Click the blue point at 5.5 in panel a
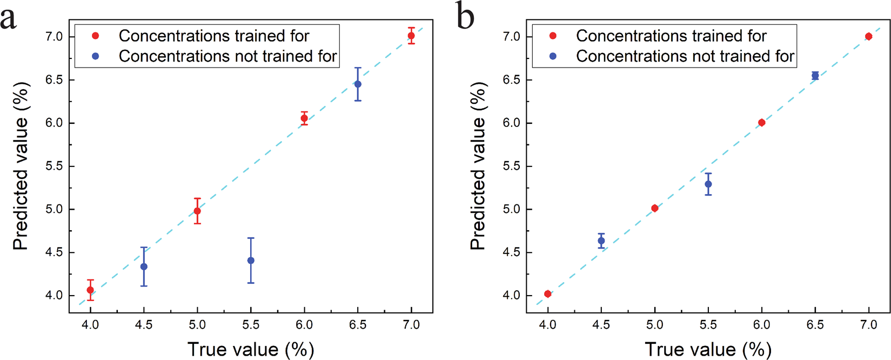(x=251, y=261)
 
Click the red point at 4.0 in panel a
(x=90, y=290)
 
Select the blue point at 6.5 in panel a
(x=358, y=84)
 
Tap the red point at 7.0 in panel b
(x=869, y=37)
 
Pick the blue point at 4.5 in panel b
(x=601, y=241)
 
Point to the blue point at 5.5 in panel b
(x=708, y=184)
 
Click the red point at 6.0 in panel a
(x=304, y=118)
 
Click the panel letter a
(x=9, y=18)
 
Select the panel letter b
(x=465, y=16)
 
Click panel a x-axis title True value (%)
(x=251, y=349)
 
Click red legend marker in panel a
(x=96, y=36)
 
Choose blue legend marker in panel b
(x=553, y=56)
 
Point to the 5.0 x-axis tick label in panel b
(x=655, y=324)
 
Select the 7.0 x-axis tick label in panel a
(x=411, y=324)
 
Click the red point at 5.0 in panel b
(x=655, y=208)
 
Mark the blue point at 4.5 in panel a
(x=144, y=266)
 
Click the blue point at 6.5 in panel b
(x=815, y=76)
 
